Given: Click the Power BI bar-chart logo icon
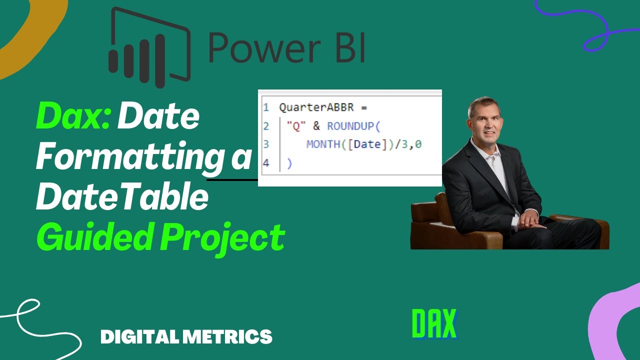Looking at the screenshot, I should pyautogui.click(x=149, y=47).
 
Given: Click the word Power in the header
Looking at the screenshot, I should pyautogui.click(x=264, y=48).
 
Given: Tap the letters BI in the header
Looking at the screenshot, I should pyautogui.click(x=348, y=48).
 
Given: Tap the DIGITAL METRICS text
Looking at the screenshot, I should pyautogui.click(x=186, y=336).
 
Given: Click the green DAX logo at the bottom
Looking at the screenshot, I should pyautogui.click(x=434, y=323).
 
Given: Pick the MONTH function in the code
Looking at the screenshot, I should pyautogui.click(x=323, y=145).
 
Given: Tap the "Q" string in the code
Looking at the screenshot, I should pyautogui.click(x=296, y=126).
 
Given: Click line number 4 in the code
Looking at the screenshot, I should pyautogui.click(x=266, y=163).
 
